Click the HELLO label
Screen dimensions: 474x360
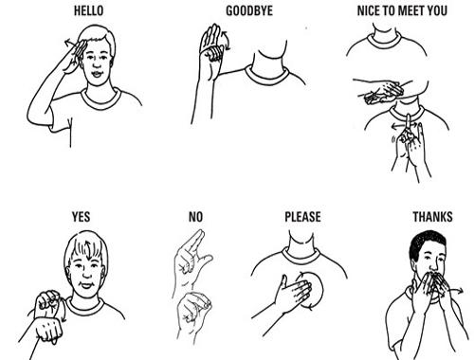(88, 10)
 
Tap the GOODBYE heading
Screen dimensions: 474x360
(249, 10)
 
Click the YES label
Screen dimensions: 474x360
(81, 217)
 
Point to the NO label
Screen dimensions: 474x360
(195, 217)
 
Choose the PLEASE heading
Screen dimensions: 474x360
(302, 217)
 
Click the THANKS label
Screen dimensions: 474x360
(432, 217)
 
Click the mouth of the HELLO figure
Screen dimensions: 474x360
(97, 74)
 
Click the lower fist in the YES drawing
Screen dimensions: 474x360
(49, 330)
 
